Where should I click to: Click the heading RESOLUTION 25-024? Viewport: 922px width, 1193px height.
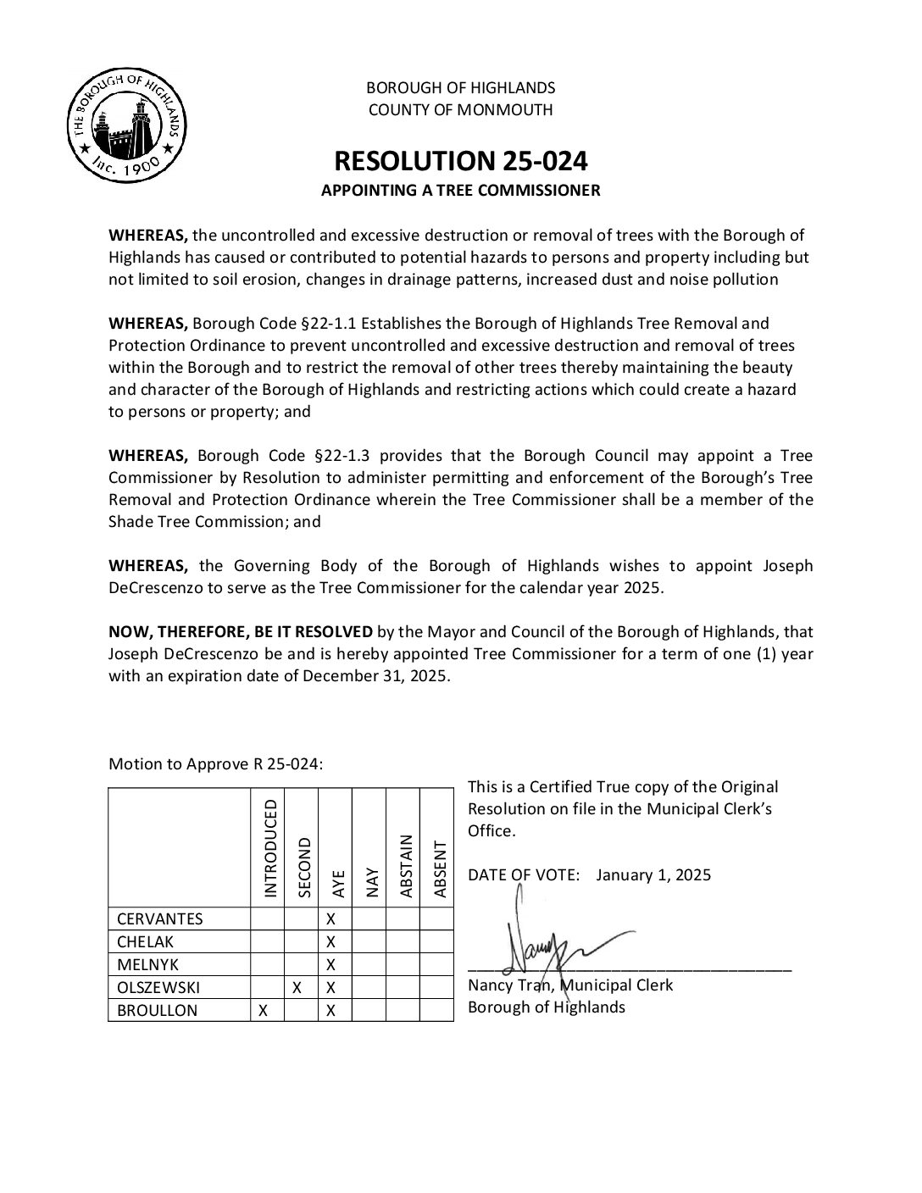[x=460, y=161]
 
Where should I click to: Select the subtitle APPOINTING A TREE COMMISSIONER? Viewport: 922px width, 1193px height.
[x=460, y=191]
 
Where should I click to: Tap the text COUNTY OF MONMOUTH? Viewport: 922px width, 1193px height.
[x=460, y=109]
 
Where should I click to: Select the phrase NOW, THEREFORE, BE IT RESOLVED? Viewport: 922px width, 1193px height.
[x=241, y=632]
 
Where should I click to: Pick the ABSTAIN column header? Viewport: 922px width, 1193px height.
[x=404, y=866]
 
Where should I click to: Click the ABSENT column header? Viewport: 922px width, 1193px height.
[x=438, y=868]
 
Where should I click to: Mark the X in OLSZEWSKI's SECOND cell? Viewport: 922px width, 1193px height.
[x=297, y=987]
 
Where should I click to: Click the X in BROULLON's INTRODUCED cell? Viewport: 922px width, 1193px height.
[x=264, y=1010]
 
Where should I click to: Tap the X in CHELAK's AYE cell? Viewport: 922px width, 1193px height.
[x=331, y=942]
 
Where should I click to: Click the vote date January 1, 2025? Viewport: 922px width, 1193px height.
[x=653, y=875]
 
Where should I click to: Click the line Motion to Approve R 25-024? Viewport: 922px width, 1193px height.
[x=216, y=764]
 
